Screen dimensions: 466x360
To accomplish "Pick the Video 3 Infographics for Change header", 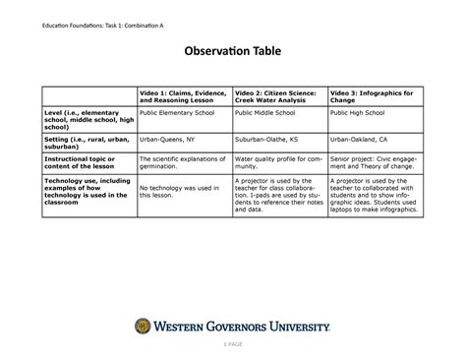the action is (372, 96).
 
